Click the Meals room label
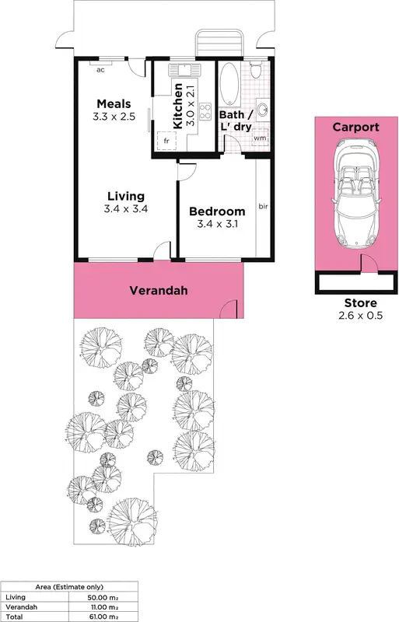pos(114,104)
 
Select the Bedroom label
pos(217,211)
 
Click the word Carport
pos(355,127)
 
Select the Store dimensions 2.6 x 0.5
pos(360,316)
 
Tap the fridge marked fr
pos(166,141)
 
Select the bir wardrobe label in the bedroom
pos(263,207)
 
